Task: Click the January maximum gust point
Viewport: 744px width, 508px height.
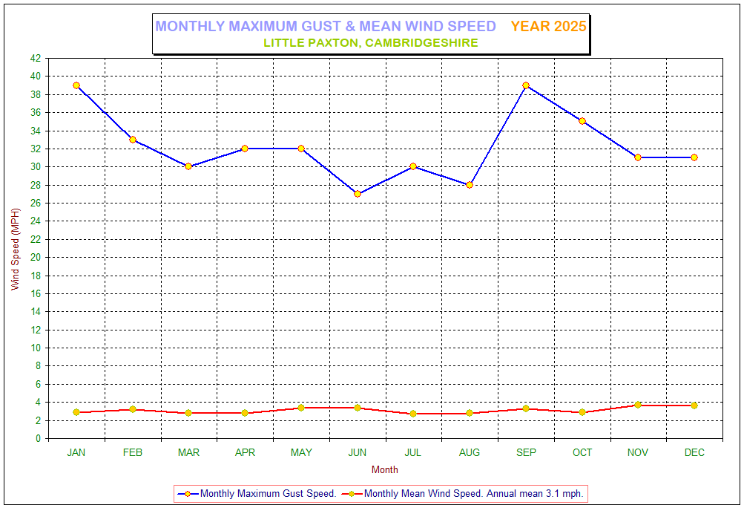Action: pyautogui.click(x=76, y=85)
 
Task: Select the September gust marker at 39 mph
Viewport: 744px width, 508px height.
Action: pyautogui.click(x=526, y=85)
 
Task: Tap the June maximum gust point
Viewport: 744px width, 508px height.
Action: pyautogui.click(x=358, y=194)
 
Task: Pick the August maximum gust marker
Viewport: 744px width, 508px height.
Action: pyautogui.click(x=470, y=185)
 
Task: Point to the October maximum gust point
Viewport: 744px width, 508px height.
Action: pyautogui.click(x=582, y=121)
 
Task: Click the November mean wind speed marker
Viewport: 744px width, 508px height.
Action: pyautogui.click(x=638, y=405)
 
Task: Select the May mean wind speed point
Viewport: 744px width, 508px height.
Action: pyautogui.click(x=301, y=408)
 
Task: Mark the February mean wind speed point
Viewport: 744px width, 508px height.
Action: pyautogui.click(x=133, y=409)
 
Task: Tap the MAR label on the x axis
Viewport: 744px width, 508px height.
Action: pyautogui.click(x=188, y=452)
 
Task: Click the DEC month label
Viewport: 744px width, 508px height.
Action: pyautogui.click(x=694, y=452)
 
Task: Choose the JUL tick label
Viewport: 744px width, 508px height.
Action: pyautogui.click(x=413, y=452)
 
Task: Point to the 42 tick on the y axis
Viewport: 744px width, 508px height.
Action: pyautogui.click(x=36, y=59)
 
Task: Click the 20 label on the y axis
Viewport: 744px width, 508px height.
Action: pyautogui.click(x=36, y=257)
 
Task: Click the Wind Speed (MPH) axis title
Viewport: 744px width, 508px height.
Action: pyautogui.click(x=16, y=249)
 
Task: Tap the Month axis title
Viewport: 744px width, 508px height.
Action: pyautogui.click(x=384, y=469)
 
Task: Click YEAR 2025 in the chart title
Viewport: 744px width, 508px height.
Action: pyautogui.click(x=548, y=27)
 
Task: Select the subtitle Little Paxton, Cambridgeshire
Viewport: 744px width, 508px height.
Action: pyautogui.click(x=371, y=43)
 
